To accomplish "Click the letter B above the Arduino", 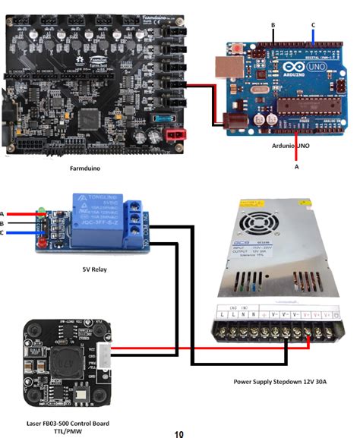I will pos(272,24).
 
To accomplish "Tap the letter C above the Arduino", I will pos(312,24).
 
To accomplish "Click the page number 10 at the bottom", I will pos(179,433).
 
